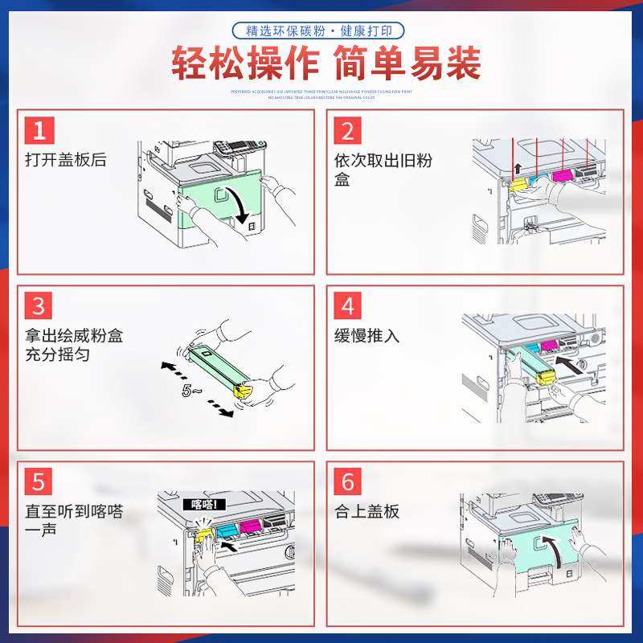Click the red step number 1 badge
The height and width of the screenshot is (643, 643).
point(39,131)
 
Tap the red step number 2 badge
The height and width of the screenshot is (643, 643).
point(348,131)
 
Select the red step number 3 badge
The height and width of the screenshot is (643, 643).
point(39,306)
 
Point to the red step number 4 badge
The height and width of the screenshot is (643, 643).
point(348,306)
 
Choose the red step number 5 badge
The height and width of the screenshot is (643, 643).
point(39,482)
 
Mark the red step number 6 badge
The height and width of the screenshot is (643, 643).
point(348,482)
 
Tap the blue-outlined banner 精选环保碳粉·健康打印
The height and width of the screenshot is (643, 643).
point(318,31)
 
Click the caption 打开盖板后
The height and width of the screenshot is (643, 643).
point(65,160)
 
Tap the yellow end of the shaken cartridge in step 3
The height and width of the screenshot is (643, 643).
point(243,391)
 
